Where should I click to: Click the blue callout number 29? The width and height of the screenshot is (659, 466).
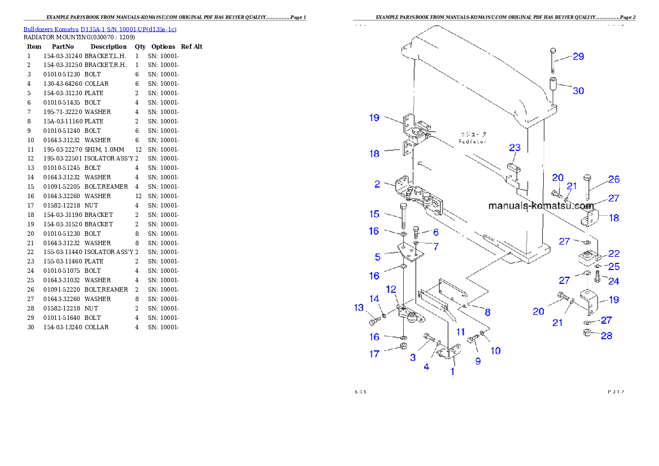(578, 56)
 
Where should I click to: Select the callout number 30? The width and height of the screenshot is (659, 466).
(578, 90)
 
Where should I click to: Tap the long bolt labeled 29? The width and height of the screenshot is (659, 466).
(554, 59)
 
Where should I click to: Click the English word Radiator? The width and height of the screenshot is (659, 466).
(472, 142)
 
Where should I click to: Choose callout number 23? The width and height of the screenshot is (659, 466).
(514, 148)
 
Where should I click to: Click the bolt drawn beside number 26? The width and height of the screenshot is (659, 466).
(588, 187)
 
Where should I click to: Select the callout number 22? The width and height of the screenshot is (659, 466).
(614, 253)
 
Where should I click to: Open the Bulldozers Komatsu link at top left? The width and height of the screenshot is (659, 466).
(100, 29)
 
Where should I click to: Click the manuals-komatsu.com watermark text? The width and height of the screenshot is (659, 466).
(540, 206)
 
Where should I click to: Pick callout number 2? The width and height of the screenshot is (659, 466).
(377, 184)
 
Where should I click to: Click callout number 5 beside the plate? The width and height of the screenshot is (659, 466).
(377, 257)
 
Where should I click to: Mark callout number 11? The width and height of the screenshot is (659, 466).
(460, 332)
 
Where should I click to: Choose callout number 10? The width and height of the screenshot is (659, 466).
(495, 350)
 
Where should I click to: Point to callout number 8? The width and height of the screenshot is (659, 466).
(487, 312)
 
